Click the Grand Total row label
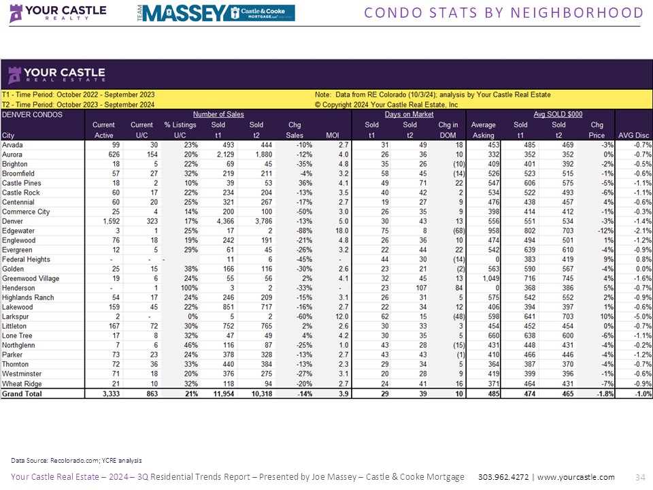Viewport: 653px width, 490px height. (x=22, y=393)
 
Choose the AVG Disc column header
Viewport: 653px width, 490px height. (x=633, y=135)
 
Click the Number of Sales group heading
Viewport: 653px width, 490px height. (x=218, y=114)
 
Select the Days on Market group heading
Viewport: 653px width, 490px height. (x=409, y=114)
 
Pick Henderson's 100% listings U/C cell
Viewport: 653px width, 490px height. (x=179, y=288)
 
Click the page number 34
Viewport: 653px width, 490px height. (x=639, y=477)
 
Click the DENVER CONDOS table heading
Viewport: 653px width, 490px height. (x=32, y=114)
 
